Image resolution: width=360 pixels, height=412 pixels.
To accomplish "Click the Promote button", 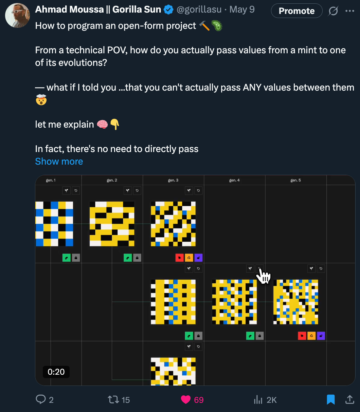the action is click(x=296, y=11).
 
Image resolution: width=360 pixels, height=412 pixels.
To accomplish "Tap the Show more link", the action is click(x=59, y=161).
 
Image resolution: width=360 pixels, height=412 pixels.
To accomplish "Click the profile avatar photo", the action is click(x=18, y=16).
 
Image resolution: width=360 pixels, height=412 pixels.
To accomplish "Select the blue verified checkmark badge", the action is click(x=168, y=10).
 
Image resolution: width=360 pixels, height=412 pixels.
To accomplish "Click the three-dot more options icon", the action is click(x=350, y=11).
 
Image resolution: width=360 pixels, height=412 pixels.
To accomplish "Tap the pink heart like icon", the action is click(x=185, y=400).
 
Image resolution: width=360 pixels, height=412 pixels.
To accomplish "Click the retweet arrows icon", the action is click(x=113, y=400).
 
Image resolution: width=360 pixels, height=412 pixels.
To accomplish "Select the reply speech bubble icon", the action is click(x=41, y=399).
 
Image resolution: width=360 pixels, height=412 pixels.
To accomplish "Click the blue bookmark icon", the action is click(x=330, y=399).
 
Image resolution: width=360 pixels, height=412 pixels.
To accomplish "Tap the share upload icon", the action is click(x=350, y=399).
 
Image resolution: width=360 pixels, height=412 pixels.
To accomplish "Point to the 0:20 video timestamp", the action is click(x=56, y=372).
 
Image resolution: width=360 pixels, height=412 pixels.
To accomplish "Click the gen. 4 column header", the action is click(x=234, y=180).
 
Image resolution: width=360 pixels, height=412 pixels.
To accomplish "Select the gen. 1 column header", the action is click(x=51, y=180).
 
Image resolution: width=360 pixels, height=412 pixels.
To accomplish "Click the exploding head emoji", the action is click(x=41, y=100).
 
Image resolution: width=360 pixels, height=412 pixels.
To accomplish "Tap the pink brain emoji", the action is click(x=102, y=124).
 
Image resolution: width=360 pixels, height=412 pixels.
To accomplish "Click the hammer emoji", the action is click(x=204, y=26).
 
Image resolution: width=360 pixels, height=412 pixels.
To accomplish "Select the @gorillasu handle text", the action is click(x=199, y=10).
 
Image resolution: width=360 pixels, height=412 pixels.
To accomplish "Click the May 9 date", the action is click(x=242, y=10).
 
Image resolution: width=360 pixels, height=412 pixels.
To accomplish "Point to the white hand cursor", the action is click(x=264, y=276).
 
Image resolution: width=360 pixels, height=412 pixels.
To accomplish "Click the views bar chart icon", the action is click(x=258, y=400).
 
